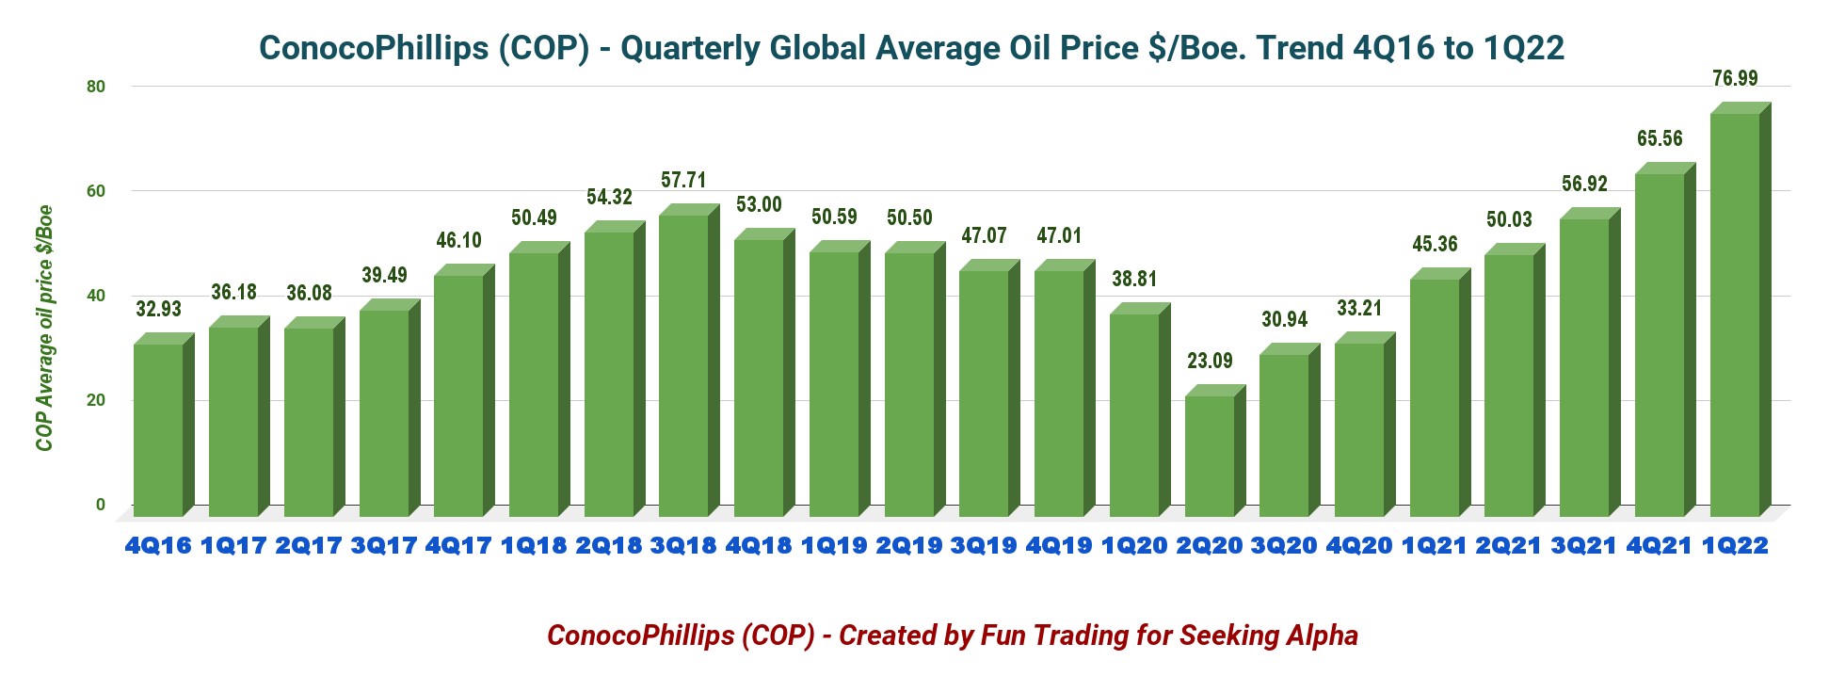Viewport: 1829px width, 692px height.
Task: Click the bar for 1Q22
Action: (x=1735, y=314)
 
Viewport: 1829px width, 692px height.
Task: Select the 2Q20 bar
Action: (x=1210, y=456)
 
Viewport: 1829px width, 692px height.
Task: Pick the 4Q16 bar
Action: (x=158, y=429)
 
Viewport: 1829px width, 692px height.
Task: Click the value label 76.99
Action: (x=1735, y=78)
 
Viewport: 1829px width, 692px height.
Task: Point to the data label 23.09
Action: (x=1210, y=361)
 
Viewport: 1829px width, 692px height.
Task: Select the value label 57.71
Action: (x=683, y=180)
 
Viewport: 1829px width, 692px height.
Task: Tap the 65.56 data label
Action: (x=1660, y=138)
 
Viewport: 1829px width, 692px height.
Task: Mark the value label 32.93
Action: (x=158, y=309)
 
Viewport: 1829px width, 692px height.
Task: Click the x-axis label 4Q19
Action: (x=1059, y=545)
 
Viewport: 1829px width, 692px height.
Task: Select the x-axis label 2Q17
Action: (x=309, y=545)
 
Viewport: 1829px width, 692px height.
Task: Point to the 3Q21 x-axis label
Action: (x=1584, y=545)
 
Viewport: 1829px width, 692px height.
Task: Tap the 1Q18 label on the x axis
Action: (x=534, y=545)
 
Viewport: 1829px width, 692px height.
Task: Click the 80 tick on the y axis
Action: (x=96, y=87)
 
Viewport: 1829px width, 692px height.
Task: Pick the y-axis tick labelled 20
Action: (x=96, y=400)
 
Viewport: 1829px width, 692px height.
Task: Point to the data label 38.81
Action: (x=1134, y=279)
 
